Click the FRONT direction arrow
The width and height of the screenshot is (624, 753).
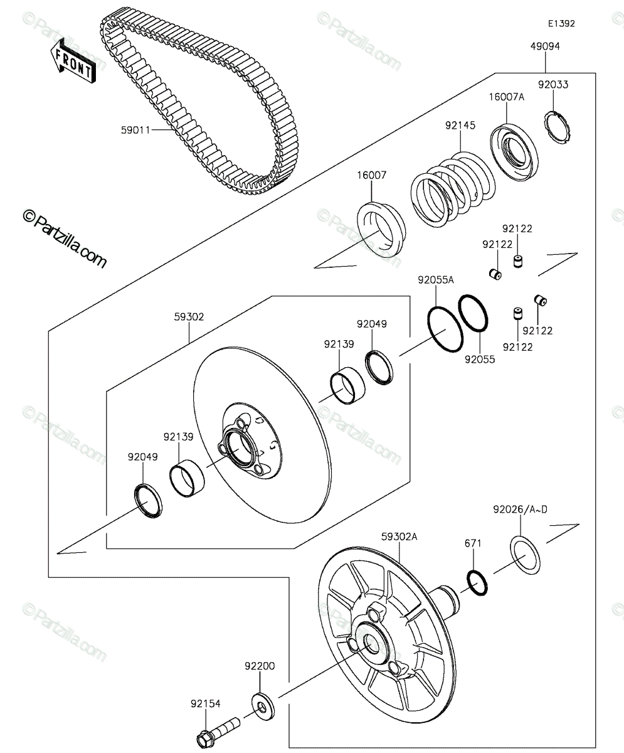point(73,60)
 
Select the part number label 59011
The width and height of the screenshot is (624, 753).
point(135,130)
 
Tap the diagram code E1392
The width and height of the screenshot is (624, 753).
point(561,23)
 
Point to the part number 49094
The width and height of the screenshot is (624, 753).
point(545,46)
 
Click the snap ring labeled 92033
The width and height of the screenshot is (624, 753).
point(558,128)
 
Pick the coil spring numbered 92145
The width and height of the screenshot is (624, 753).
point(453,190)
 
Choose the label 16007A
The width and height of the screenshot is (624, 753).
point(507,97)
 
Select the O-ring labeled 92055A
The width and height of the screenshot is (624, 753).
point(445,329)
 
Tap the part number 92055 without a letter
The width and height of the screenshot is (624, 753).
point(480,360)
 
